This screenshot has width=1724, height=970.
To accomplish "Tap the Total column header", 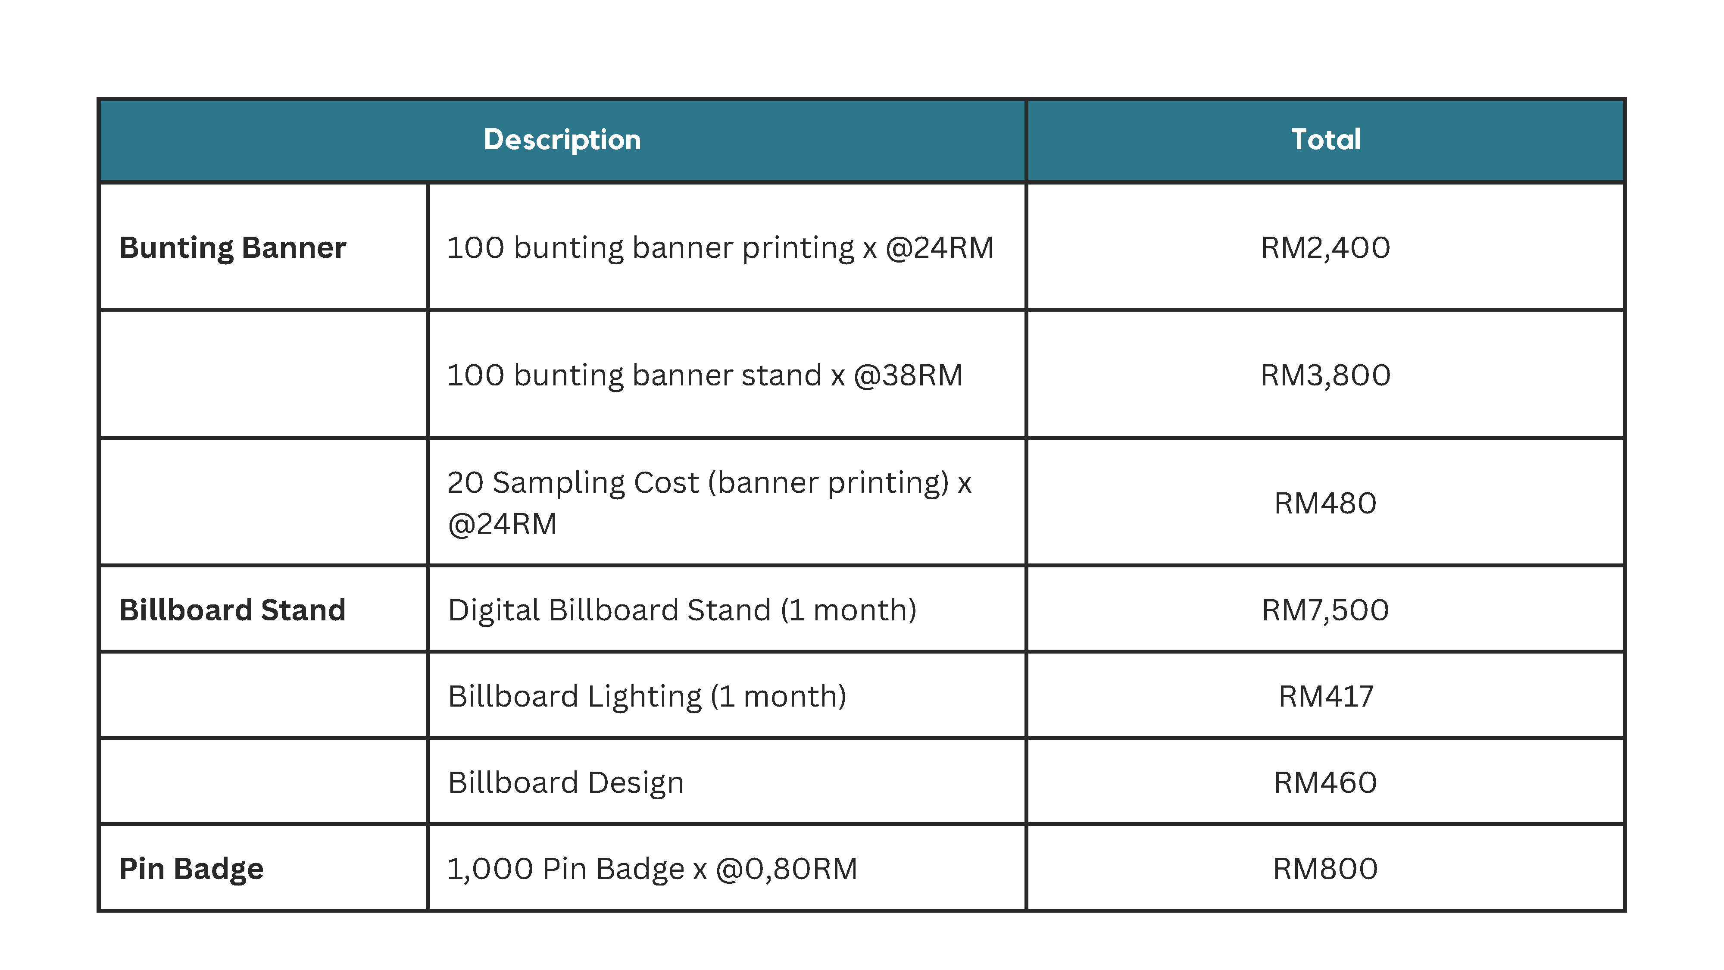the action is click(1325, 139).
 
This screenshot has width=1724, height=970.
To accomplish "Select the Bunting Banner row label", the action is click(232, 248).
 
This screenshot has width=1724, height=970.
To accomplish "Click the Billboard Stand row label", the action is click(232, 610).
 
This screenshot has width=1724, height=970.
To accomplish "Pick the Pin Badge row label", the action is click(191, 869).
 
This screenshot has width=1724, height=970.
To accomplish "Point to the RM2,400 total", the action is click(1325, 248).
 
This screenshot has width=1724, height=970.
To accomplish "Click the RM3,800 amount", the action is click(1325, 375).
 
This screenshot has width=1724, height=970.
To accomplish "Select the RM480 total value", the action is click(1325, 503).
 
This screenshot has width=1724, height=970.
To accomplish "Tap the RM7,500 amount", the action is click(1325, 610).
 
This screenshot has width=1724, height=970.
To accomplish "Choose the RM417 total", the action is click(1325, 696).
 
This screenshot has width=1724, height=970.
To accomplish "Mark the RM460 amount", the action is click(1325, 782).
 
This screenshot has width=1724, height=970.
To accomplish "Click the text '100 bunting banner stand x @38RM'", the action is click(705, 375).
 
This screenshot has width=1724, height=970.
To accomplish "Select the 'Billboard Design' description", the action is click(566, 782).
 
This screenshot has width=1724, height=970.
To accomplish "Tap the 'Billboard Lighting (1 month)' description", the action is click(647, 697).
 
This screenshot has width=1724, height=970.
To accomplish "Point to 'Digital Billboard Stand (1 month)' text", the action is click(682, 610).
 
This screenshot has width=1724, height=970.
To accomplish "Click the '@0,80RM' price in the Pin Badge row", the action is click(787, 869).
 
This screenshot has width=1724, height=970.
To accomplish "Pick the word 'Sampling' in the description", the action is click(596, 483).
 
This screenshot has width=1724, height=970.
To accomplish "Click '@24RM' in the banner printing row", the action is click(940, 248).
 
